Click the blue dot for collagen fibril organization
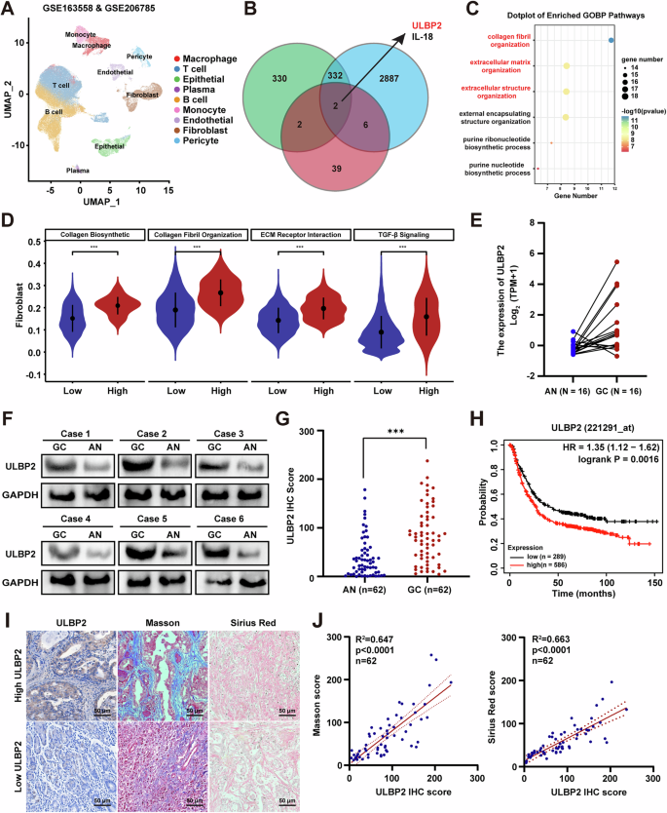tap(610, 40)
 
